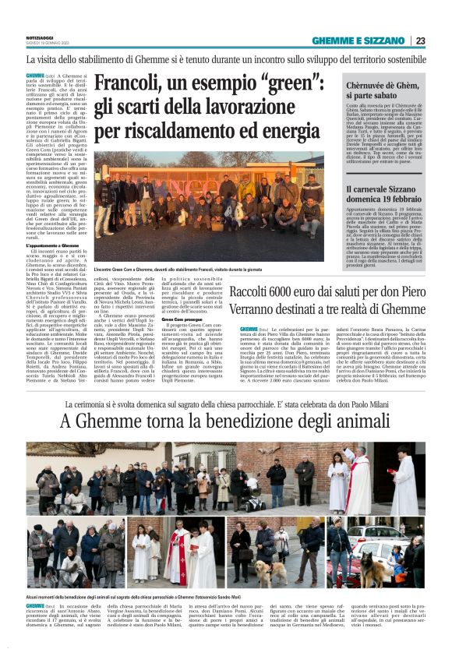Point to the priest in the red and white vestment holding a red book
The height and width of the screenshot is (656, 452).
pos(176,556)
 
